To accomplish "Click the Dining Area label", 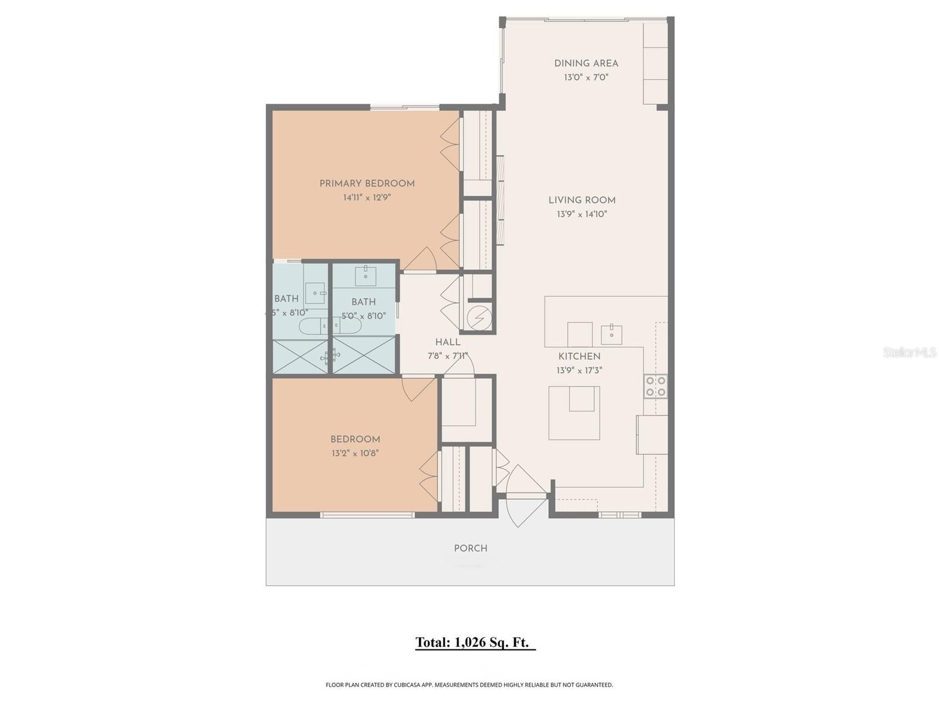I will pos(586,63).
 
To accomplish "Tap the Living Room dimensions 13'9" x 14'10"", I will pos(582,214).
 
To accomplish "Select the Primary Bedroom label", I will pos(367,184).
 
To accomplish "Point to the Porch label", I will pos(470,549).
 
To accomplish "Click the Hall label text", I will pos(447,342).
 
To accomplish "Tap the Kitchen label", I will pos(579,356).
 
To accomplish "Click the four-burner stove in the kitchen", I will pos(656,386).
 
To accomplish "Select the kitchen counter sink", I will pos(611,334).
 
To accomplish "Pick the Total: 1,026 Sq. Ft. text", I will pos(475,642).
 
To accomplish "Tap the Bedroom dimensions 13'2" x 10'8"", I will pos(355,453).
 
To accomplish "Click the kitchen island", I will pos(574,413).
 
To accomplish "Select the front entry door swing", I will pos(524,496).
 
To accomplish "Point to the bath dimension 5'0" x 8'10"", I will pos(364,316).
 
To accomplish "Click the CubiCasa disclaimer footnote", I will pos(469,685).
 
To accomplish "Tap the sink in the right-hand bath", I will pos(366,273).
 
